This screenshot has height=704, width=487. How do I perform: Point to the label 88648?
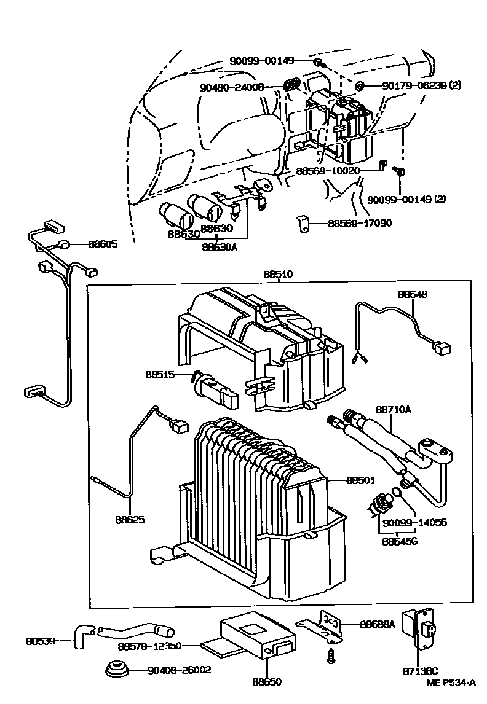coord(412,294)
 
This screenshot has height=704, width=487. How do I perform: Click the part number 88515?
coord(160,374)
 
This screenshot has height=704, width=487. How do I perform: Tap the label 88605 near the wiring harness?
coord(103,244)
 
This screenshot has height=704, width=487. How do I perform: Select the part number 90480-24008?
coord(232,88)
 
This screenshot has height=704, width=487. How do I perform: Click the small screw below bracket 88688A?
coord(331,655)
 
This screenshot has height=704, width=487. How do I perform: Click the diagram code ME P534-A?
coord(451,682)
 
